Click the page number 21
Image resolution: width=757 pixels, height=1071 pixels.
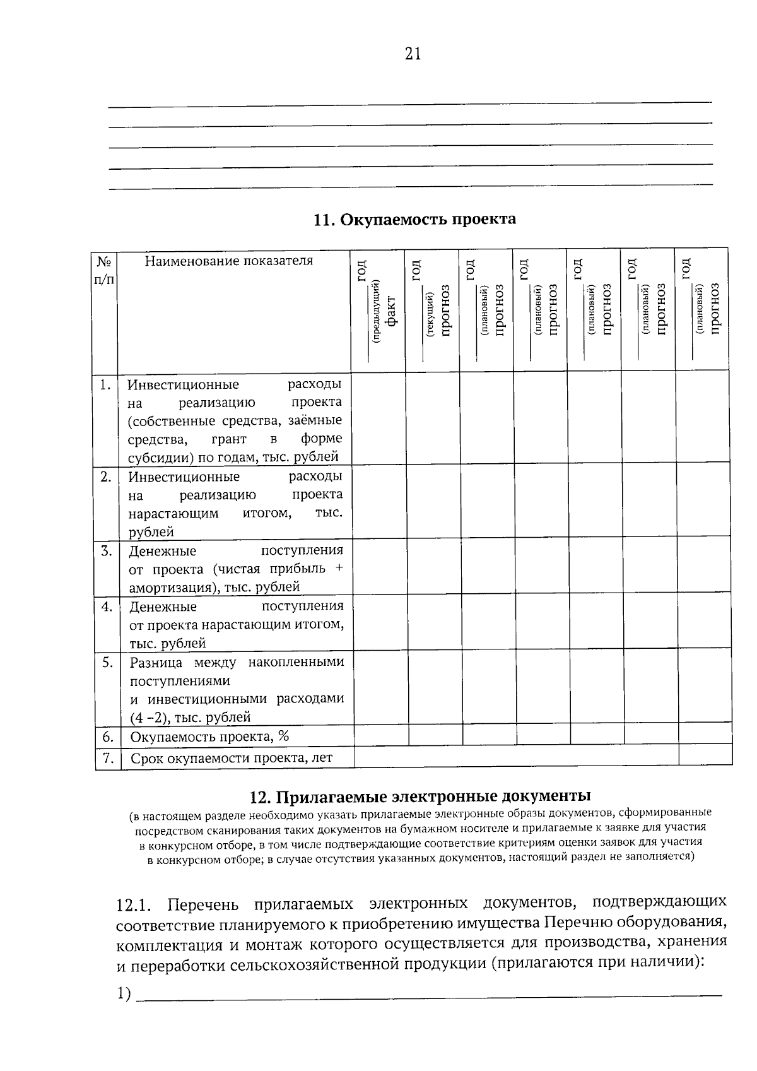click(x=412, y=55)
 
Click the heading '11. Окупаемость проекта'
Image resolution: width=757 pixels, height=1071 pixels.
click(x=414, y=219)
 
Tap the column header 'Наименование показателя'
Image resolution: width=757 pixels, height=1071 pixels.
click(x=229, y=261)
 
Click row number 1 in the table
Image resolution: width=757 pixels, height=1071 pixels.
click(x=105, y=384)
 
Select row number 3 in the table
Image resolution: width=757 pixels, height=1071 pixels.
click(x=106, y=551)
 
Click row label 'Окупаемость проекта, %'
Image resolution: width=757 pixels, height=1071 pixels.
click(x=209, y=737)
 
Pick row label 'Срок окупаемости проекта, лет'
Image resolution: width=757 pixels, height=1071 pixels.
click(x=231, y=758)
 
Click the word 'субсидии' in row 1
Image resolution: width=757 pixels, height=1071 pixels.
click(x=155, y=457)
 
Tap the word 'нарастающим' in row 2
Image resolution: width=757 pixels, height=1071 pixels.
click(x=173, y=513)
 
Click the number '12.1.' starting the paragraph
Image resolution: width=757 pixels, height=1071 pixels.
click(x=134, y=904)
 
